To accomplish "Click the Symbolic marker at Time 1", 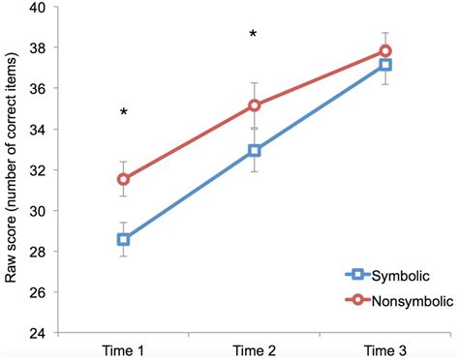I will (123, 239).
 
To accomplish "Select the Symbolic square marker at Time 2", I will (254, 150).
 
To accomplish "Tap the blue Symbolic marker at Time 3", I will (385, 64).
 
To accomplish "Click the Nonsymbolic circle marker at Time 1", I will (123, 179).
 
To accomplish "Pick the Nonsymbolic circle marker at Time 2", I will (254, 105).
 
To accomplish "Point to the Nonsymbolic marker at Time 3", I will (385, 50).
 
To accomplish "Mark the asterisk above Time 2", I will (253, 36).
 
